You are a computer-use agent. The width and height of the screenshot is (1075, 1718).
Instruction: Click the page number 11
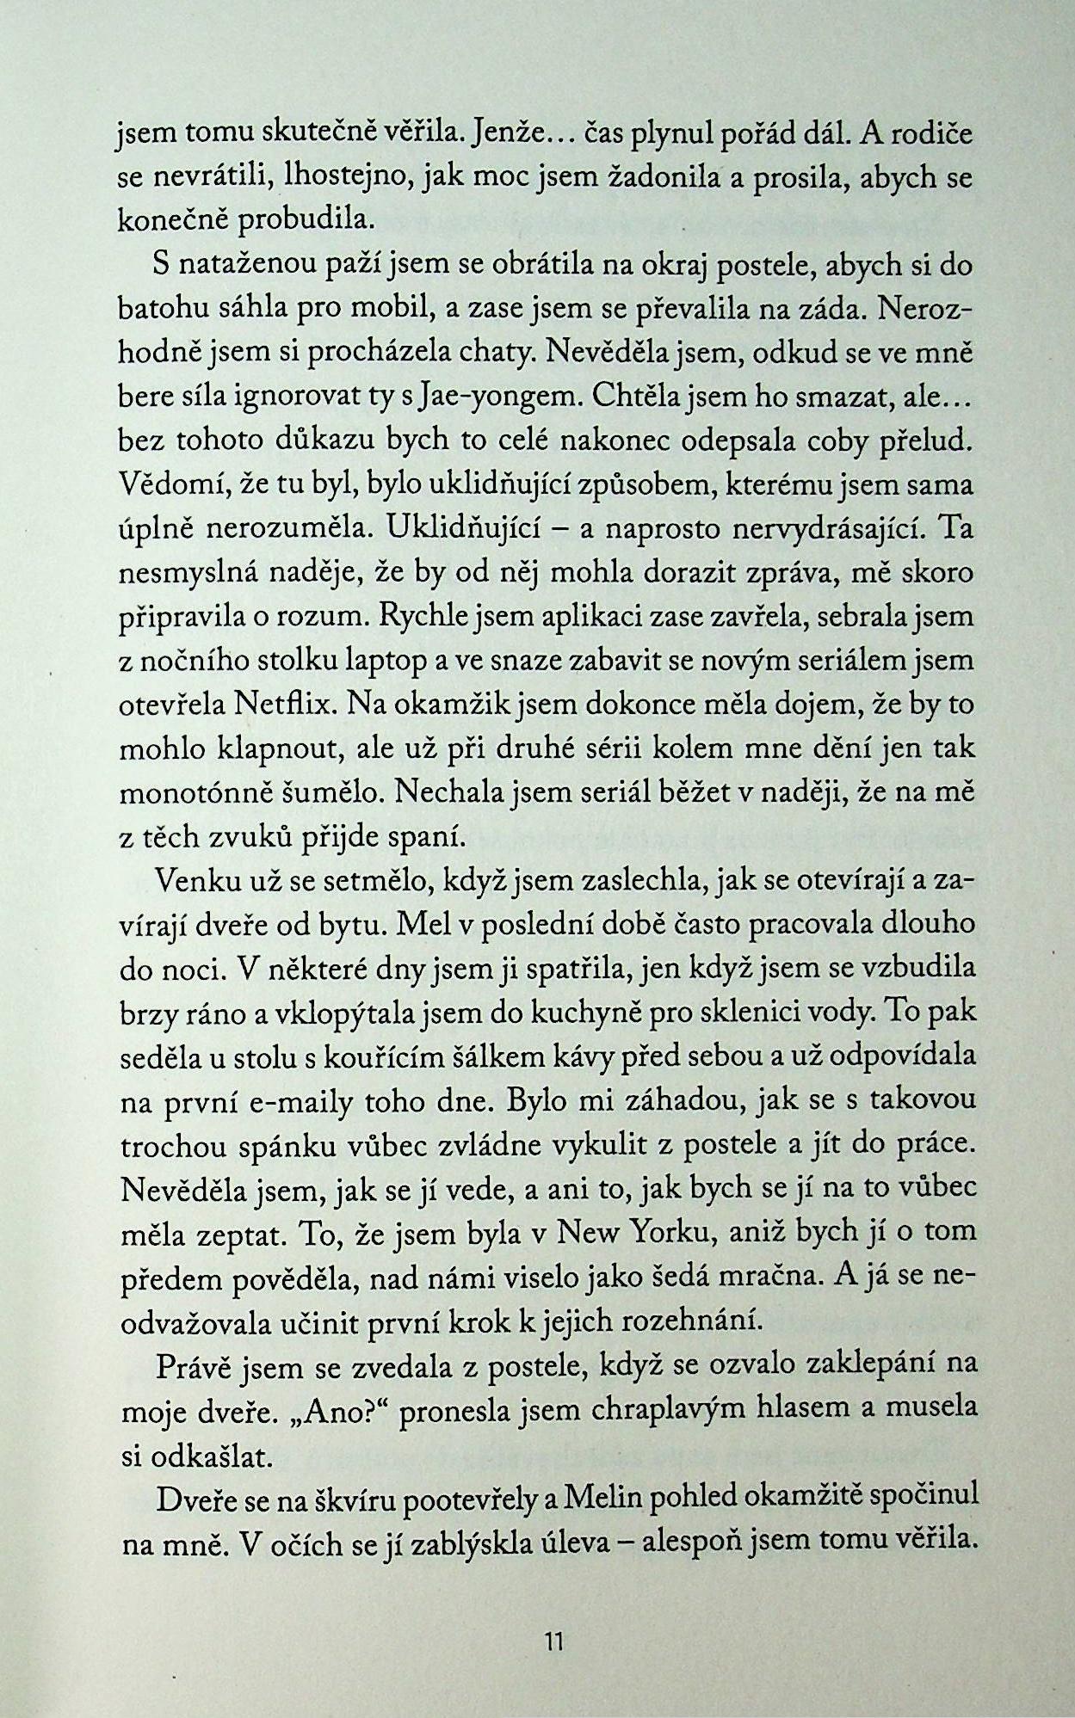coord(553,1641)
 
